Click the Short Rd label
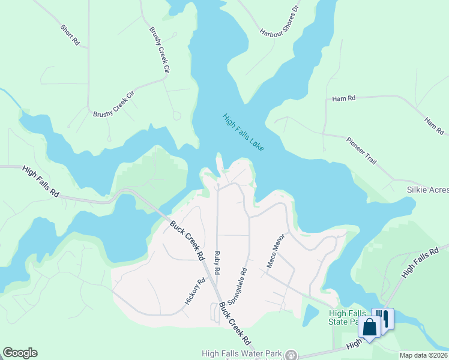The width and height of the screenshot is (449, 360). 70,35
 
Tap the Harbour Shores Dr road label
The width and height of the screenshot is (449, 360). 279,21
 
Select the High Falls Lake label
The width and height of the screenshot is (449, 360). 243,133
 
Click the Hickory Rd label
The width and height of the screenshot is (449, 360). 195,290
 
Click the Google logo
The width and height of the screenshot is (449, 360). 20,353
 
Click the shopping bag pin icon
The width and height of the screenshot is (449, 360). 369,328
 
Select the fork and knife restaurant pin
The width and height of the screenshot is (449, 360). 384,317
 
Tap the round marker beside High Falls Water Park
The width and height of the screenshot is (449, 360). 292,354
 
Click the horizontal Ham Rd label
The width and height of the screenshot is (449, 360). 344,98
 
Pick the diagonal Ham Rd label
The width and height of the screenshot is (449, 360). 433,125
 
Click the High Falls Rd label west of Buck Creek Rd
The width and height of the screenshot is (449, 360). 40,182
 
